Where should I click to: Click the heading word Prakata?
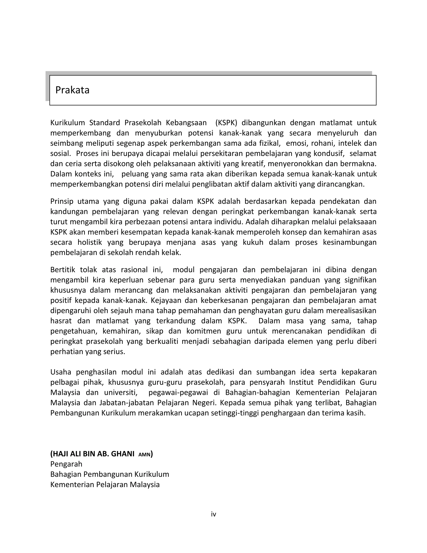[72, 90]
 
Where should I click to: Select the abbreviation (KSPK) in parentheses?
[226, 122]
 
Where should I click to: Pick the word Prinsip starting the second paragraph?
[62, 201]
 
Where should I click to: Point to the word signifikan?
[360, 280]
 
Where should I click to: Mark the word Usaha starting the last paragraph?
[61, 372]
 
